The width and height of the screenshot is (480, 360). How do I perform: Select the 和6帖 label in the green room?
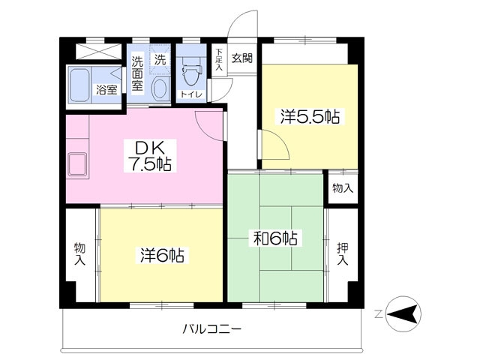point(274,239)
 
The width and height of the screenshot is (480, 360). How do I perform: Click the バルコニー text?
point(211,328)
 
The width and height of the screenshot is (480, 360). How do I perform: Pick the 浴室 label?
point(106,90)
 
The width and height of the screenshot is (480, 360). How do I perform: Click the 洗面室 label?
point(138,74)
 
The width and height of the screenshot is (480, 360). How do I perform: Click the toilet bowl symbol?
point(191,75)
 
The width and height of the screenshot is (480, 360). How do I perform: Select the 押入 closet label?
point(342,253)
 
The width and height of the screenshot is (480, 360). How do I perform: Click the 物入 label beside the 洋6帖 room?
point(79,253)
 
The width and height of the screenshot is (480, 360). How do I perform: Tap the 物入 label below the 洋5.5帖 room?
point(342,188)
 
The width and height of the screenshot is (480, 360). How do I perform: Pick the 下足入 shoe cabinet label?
point(219,60)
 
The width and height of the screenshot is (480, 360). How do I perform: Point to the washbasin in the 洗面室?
point(160,88)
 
